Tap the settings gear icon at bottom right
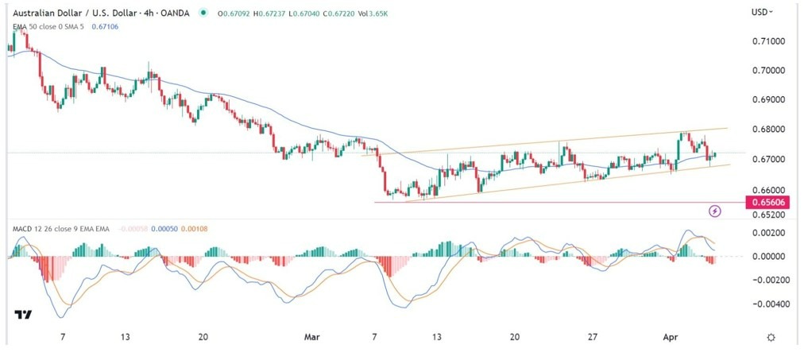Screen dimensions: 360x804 [771, 337]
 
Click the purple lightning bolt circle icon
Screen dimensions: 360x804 [714, 211]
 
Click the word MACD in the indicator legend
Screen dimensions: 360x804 [22, 230]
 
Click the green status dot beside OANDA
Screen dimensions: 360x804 [204, 13]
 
